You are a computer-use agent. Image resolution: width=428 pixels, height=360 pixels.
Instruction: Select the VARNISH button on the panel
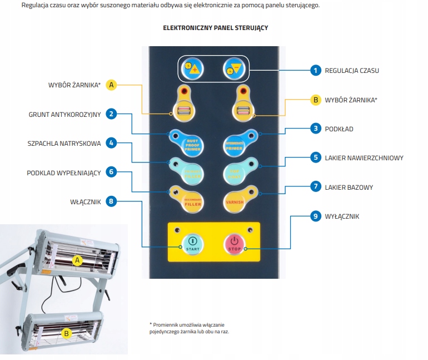pyautogui.click(x=235, y=199)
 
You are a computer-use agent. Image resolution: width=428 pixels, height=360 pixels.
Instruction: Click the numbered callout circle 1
pyautogui.click(x=315, y=70)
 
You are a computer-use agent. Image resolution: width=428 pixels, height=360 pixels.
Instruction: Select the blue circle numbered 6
pyautogui.click(x=112, y=172)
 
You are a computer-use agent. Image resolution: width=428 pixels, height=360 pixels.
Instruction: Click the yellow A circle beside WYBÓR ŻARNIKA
pyautogui.click(x=112, y=85)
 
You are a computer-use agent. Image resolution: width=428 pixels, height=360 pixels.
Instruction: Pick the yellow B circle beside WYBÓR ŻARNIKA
pyautogui.click(x=315, y=100)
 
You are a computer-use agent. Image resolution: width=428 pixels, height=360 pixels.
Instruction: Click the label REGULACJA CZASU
pyautogui.click(x=352, y=71)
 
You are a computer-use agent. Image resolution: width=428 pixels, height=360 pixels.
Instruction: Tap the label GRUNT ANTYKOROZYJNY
pyautogui.click(x=64, y=115)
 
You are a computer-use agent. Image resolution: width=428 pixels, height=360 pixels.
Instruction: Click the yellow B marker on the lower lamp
pyautogui.click(x=67, y=333)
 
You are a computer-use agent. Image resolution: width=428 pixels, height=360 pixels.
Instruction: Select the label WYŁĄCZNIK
pyautogui.click(x=342, y=216)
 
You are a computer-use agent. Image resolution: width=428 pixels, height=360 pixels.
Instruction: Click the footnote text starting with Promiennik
pyautogui.click(x=189, y=328)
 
